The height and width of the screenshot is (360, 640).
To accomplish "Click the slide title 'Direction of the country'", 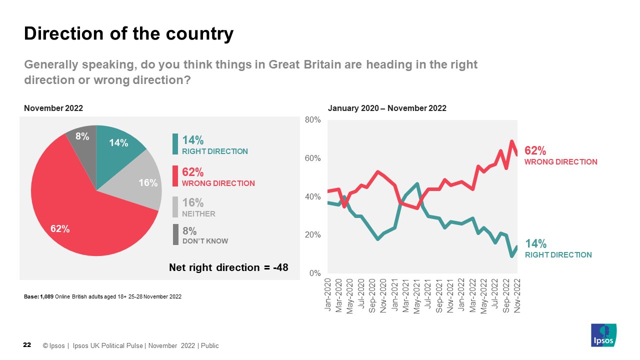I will point(128,33).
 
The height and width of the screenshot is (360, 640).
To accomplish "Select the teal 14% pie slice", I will point(117,145).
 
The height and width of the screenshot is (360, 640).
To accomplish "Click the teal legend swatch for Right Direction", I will point(175,144).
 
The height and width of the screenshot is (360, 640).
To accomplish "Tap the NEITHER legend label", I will point(198,214).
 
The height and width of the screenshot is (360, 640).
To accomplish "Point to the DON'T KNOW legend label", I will point(205,241).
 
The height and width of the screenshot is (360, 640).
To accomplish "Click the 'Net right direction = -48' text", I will point(228,267).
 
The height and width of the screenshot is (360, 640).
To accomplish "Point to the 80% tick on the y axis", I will point(312,120).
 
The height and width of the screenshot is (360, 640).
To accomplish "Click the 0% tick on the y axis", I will point(314,273).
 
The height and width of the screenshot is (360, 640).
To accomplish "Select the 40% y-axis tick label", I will point(312,197).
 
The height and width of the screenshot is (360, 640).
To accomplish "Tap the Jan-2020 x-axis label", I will point(328,295).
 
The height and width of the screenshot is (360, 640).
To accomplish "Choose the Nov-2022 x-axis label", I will point(517,295).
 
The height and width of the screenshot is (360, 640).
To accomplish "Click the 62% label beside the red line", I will point(535,150).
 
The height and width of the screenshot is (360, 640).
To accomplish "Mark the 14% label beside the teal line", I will point(535,244).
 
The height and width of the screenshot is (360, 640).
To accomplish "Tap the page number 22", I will point(27,345).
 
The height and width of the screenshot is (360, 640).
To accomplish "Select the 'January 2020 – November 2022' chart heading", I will point(387,108).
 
